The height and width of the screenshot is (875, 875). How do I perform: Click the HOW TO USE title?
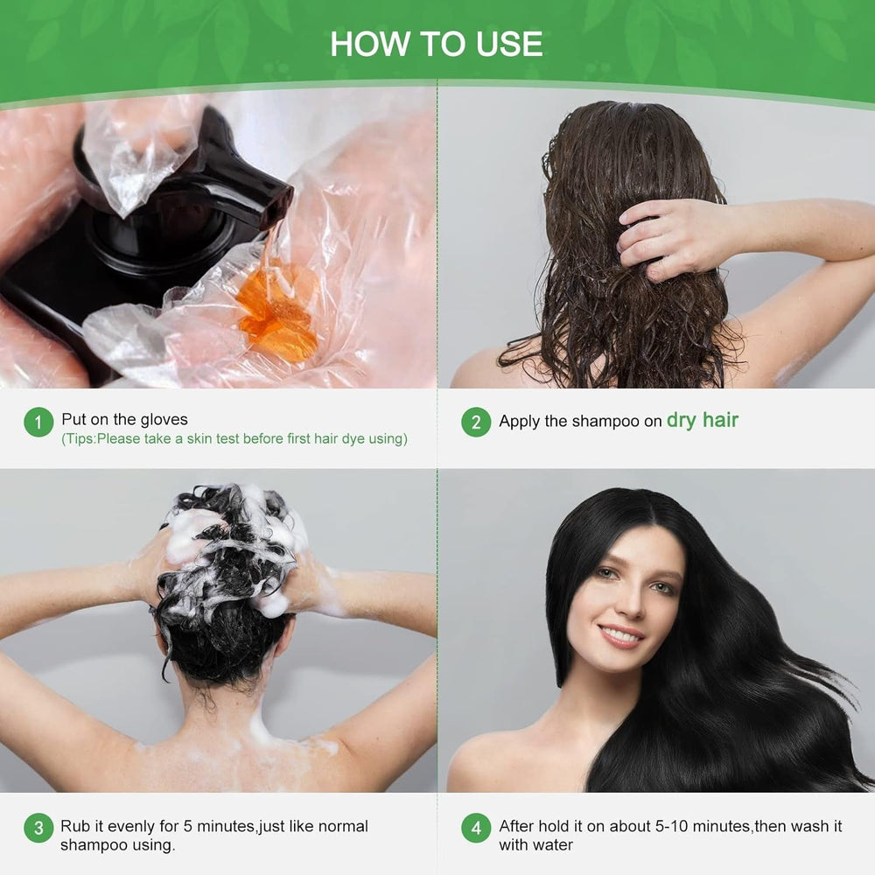coord(437,44)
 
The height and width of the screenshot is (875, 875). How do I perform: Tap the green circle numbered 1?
coord(38,423)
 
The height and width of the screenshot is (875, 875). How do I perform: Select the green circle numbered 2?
coord(475,423)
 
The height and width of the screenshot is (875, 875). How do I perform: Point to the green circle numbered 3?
coord(38,828)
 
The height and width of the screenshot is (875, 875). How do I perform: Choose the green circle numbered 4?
coord(475,828)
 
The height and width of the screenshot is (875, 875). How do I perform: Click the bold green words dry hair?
coord(703,420)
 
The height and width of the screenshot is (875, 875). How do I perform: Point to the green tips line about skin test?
coord(234,439)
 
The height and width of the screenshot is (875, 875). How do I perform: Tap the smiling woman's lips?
coord(621,635)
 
